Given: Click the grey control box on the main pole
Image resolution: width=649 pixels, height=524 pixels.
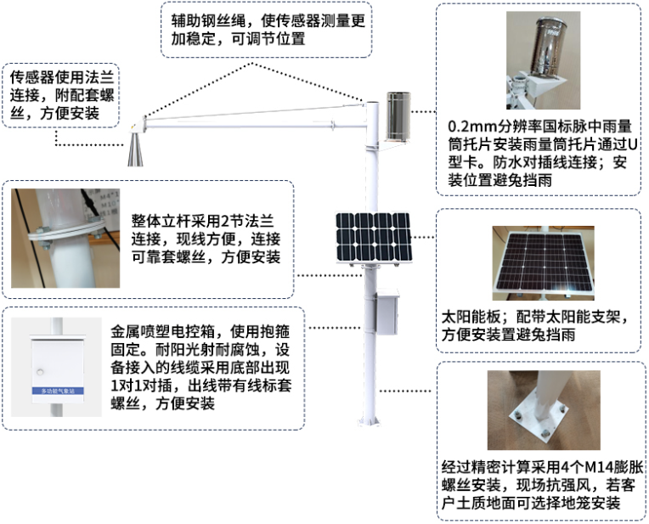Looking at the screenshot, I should (387, 312).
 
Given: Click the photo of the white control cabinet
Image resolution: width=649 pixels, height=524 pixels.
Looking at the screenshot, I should (63, 368).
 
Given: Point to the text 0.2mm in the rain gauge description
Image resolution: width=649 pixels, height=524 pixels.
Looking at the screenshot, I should (478, 124).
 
